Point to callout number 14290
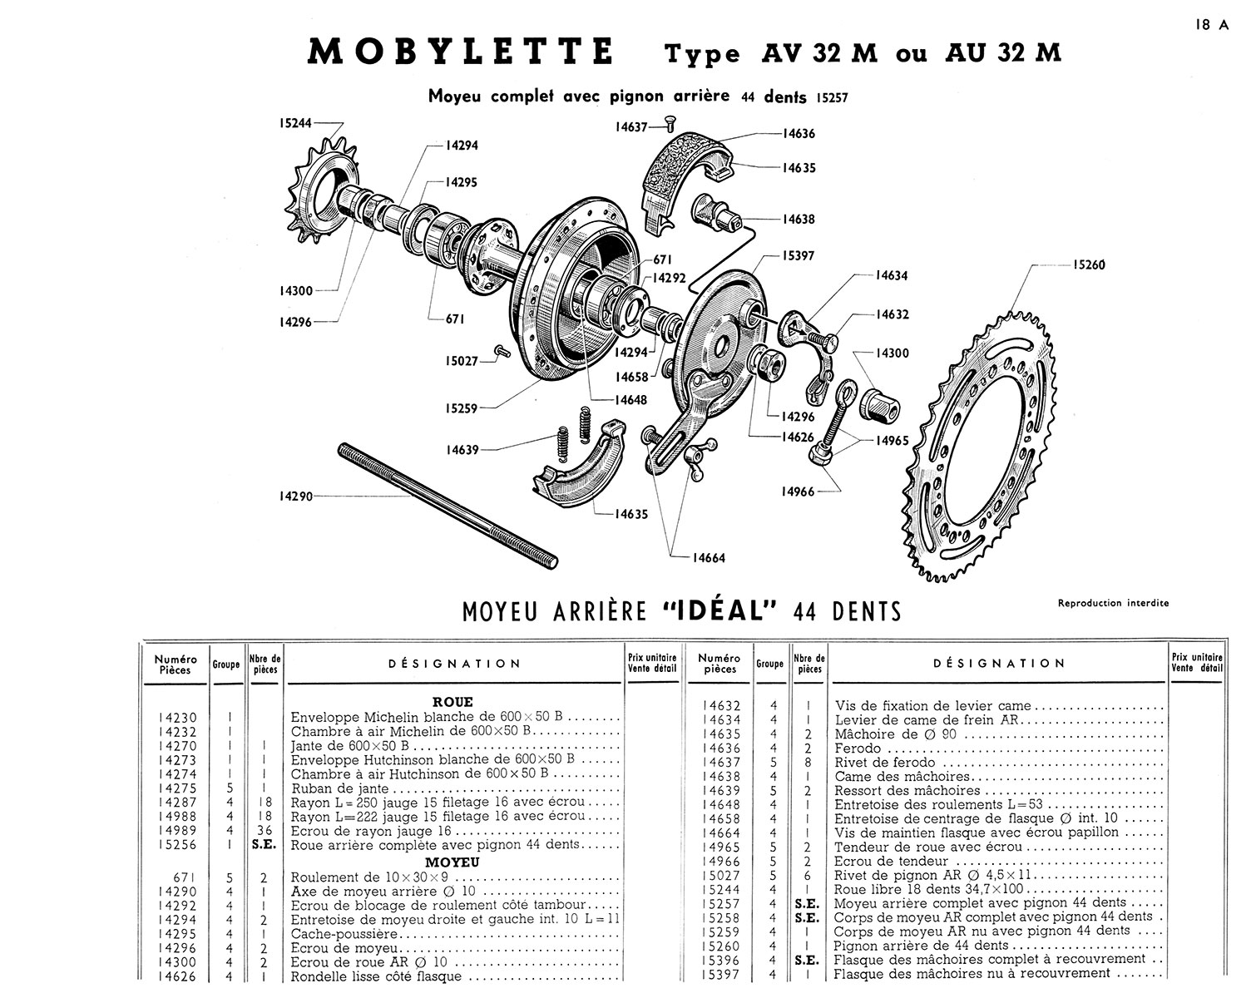[x=296, y=497]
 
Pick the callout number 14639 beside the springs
[x=462, y=450]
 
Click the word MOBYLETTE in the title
[x=461, y=52]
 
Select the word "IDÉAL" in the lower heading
[x=721, y=611]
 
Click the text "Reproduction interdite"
[x=1113, y=603]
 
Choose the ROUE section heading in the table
[x=452, y=702]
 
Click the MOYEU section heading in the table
[x=452, y=862]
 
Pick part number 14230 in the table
[x=175, y=717]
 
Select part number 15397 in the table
[x=720, y=974]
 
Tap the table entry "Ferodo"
[x=858, y=748]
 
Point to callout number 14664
[x=709, y=558]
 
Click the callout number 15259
[x=462, y=408]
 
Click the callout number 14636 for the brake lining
[x=799, y=133]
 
